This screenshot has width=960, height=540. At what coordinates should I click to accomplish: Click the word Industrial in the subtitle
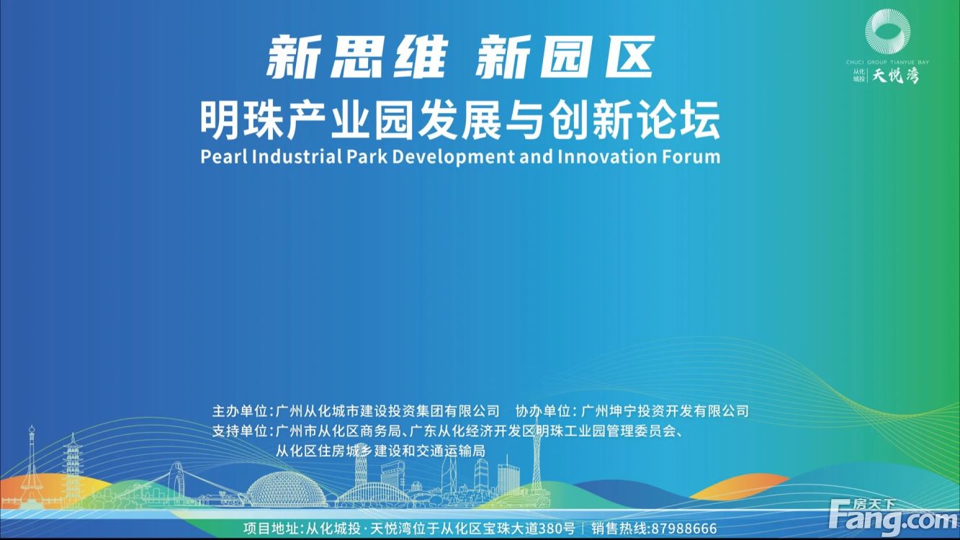pos(297,157)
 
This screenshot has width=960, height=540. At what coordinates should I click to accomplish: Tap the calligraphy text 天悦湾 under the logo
pos(896,76)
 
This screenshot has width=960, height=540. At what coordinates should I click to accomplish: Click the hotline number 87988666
pos(683,528)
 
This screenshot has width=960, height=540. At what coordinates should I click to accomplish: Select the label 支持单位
pos(240,431)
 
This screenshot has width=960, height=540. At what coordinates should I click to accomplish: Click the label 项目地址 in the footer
pos(271,528)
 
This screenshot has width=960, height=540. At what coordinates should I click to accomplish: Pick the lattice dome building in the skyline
pos(287,490)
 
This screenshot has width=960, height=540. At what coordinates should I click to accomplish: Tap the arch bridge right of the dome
pos(372,493)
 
